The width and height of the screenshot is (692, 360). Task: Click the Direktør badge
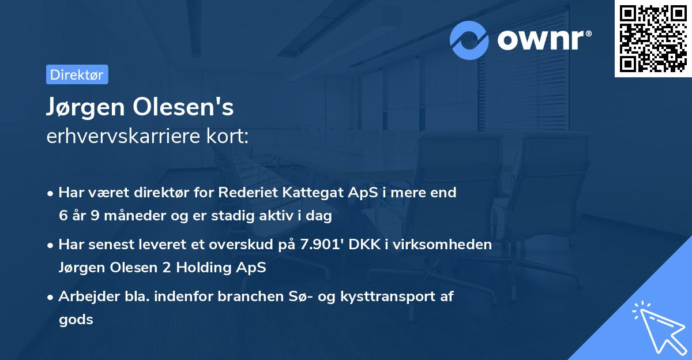77,74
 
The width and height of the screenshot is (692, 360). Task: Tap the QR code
653,38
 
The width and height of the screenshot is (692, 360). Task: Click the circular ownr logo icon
469,40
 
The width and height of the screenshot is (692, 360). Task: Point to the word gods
76,320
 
